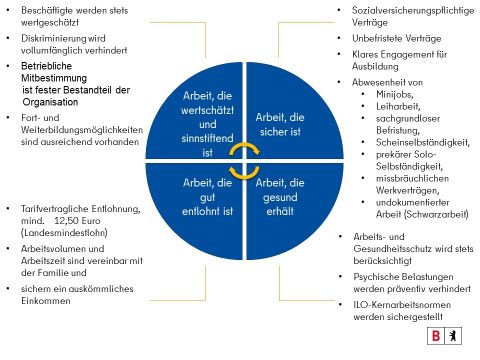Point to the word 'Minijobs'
coord(381,94)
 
